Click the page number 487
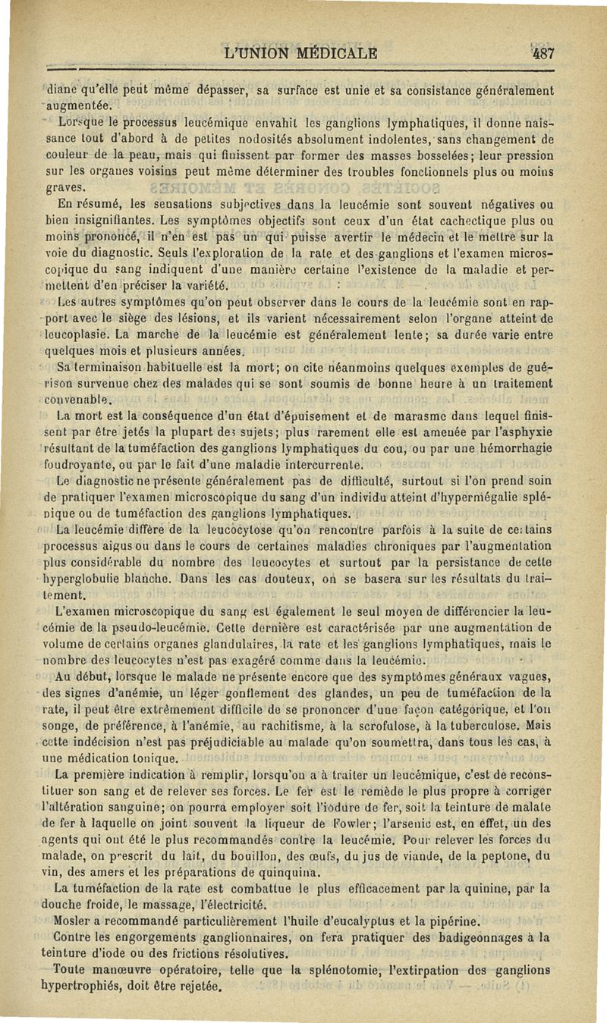click(543, 54)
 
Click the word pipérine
click(451, 921)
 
